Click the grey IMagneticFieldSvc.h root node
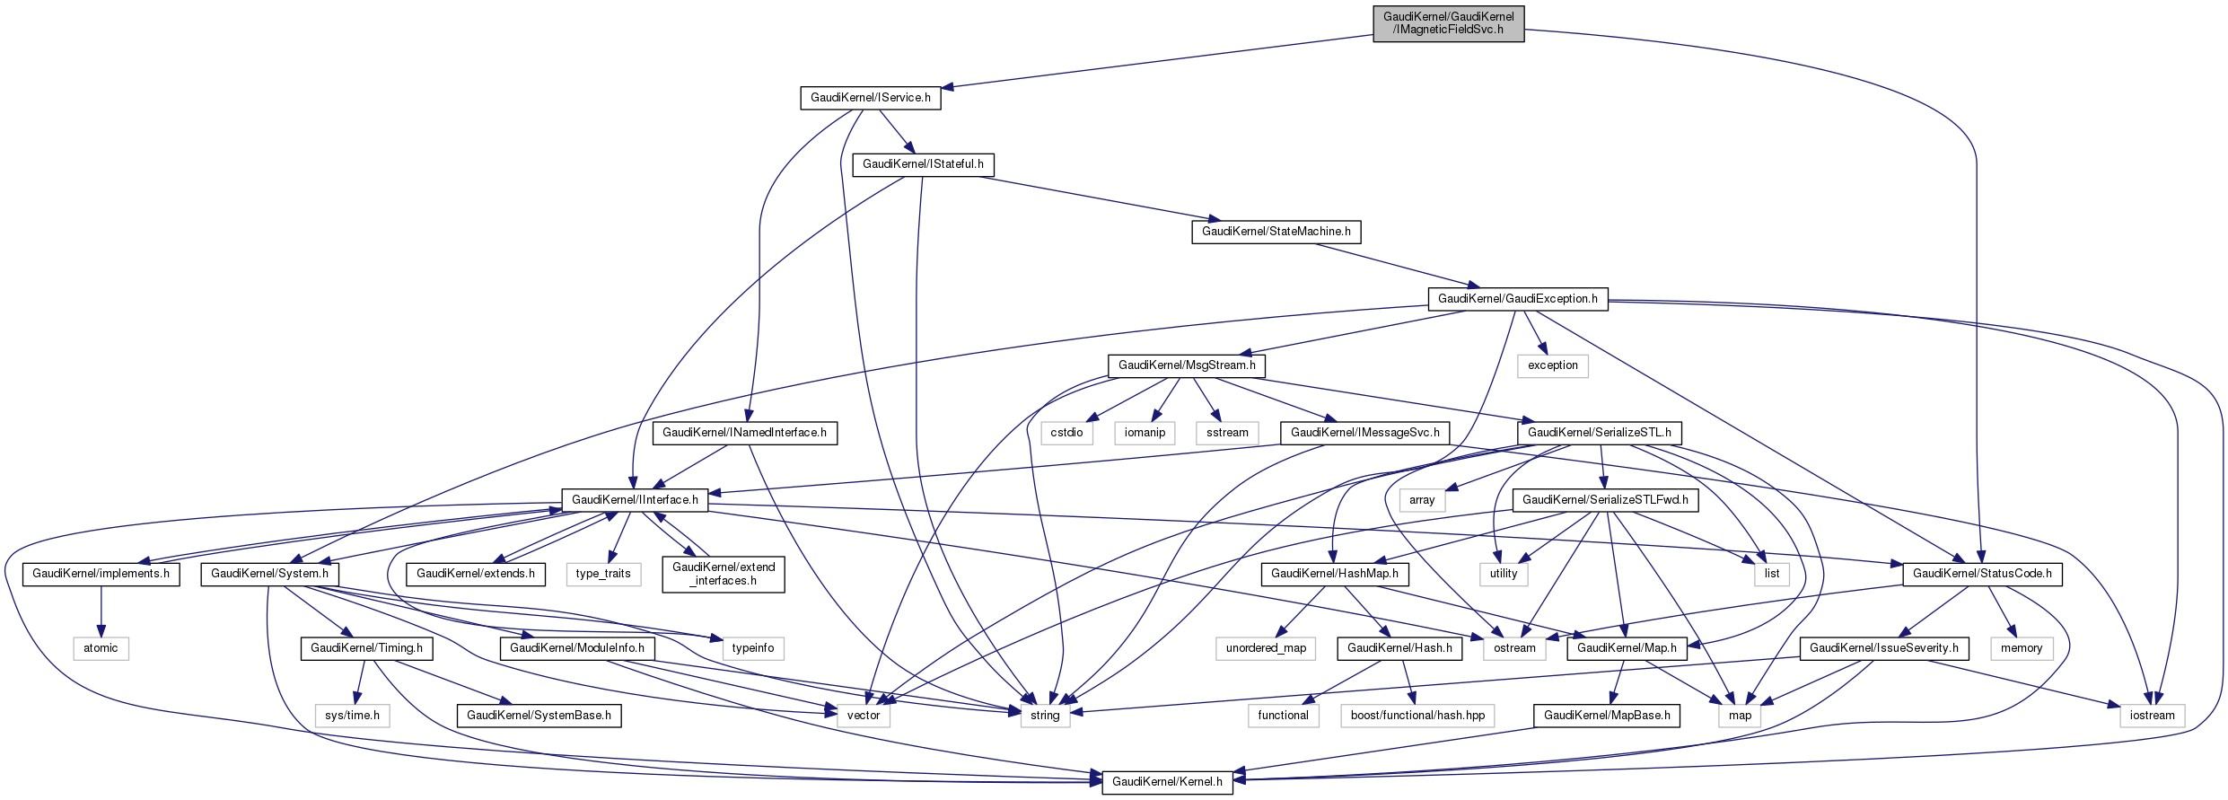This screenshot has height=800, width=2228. [x=1448, y=23]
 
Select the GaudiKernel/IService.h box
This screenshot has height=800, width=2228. [x=870, y=98]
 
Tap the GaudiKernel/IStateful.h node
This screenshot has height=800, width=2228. [x=923, y=164]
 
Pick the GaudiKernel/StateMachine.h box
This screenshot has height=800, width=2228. [x=1276, y=232]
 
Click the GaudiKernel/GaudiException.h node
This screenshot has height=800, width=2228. [x=1517, y=299]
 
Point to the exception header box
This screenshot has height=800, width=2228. [x=1552, y=365]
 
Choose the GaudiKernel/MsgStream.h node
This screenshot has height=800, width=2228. [x=1187, y=365]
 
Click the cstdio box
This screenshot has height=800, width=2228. [x=1066, y=433]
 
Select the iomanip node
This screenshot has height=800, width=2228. [x=1145, y=433]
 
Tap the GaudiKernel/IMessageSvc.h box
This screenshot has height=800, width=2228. [x=1364, y=433]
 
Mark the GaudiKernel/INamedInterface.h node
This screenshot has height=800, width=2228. [x=744, y=433]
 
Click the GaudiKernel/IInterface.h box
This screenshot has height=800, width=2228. [x=635, y=500]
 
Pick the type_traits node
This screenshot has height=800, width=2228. [x=603, y=574]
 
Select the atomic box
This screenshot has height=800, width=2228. [x=101, y=648]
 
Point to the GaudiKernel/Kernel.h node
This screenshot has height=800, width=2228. [x=1167, y=782]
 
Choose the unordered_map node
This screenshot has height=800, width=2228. [x=1266, y=648]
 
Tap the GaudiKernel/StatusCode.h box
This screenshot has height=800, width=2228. [x=1982, y=574]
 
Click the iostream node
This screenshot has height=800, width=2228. [x=2152, y=716]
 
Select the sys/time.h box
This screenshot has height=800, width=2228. [x=352, y=716]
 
